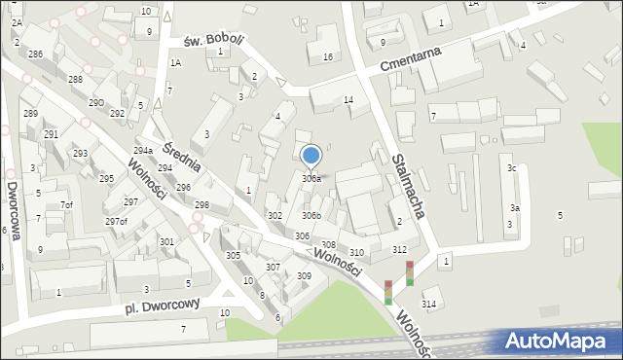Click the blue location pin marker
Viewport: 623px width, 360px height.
click(x=311, y=156)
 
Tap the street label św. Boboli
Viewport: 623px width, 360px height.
click(x=213, y=40)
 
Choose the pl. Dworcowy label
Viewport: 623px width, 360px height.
click(x=161, y=306)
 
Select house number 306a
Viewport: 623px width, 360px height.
click(x=311, y=179)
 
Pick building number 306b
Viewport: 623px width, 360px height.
click(x=311, y=215)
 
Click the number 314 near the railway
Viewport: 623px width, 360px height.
click(x=428, y=305)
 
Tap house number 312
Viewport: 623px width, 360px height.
click(x=399, y=249)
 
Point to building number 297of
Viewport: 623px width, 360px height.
click(x=117, y=222)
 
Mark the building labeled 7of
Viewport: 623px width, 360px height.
click(x=66, y=204)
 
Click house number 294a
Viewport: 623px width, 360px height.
click(x=143, y=151)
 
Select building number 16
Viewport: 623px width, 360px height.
click(x=328, y=57)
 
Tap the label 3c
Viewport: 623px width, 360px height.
click(x=511, y=168)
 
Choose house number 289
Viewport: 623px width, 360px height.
click(x=30, y=114)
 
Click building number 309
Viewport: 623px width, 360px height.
click(x=304, y=276)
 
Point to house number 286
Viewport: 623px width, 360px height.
click(x=35, y=54)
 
